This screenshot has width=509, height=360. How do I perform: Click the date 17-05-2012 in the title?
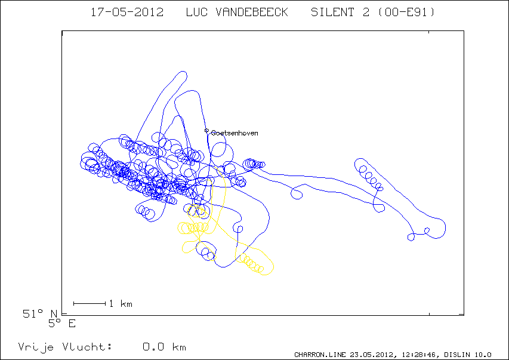[127, 13]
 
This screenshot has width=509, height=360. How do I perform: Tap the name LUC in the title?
[196, 13]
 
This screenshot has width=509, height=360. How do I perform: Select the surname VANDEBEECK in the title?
[252, 13]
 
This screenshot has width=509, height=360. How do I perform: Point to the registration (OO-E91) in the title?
[406, 13]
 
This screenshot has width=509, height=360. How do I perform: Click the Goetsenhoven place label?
[235, 133]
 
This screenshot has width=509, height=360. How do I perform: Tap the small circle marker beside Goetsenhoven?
[206, 131]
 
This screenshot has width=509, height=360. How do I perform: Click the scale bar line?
[90, 303]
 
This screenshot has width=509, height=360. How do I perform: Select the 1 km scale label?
[121, 303]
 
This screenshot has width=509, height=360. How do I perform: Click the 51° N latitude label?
[40, 313]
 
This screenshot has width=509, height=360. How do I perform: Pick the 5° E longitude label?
[62, 324]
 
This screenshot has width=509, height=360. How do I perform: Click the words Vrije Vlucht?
[65, 347]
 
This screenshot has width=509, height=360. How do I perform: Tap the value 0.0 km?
[164, 347]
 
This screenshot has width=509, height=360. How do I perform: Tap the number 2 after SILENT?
[366, 13]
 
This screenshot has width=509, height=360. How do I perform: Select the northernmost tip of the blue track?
[183, 71]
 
